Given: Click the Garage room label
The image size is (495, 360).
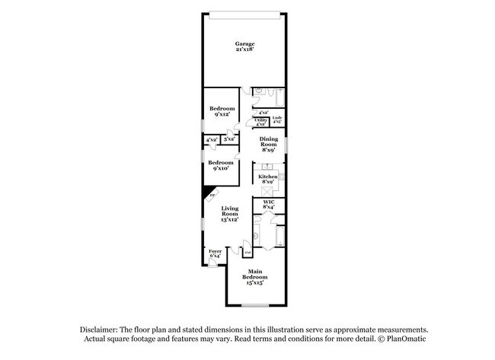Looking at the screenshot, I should [x=244, y=44].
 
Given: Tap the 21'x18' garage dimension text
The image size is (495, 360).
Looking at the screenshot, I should [x=244, y=50].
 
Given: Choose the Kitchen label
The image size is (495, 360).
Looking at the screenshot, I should [x=267, y=177].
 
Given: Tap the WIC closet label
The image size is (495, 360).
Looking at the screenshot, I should [x=268, y=203].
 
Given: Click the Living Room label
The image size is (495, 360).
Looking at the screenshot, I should [x=230, y=212].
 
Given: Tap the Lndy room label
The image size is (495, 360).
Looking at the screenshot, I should [x=277, y=119].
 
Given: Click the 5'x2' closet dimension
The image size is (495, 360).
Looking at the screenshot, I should [x=228, y=139].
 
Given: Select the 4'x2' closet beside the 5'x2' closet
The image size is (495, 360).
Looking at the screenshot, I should [x=211, y=139].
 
